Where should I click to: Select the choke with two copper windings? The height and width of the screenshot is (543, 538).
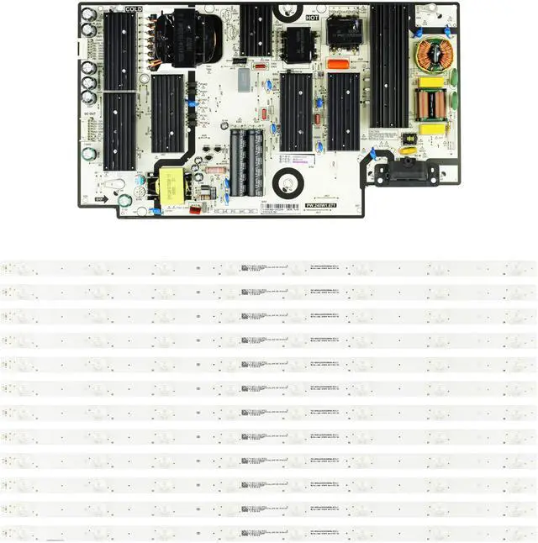click(434, 104)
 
